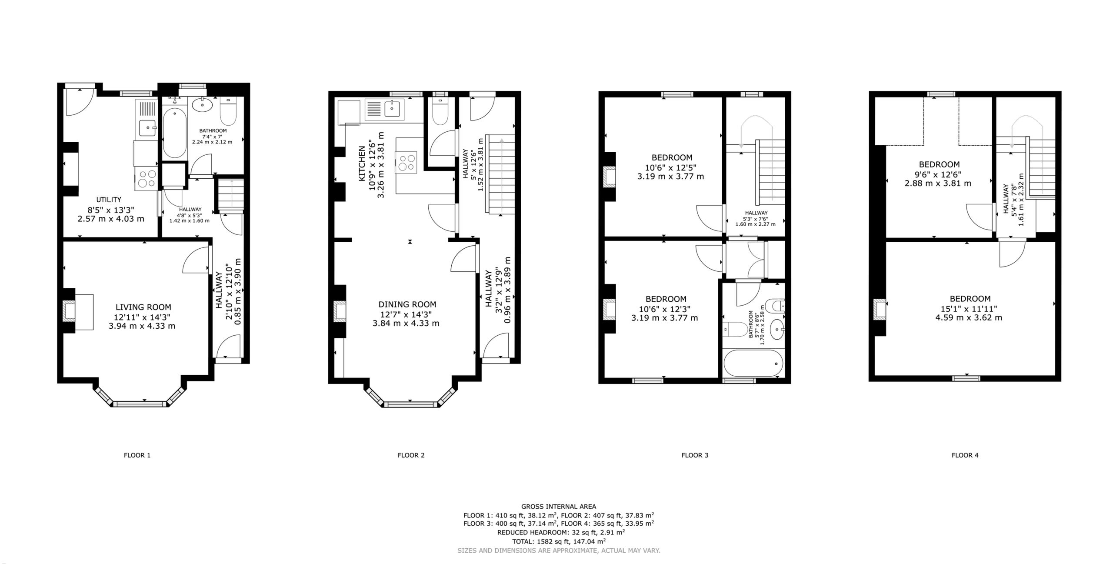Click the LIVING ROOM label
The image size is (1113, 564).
coord(143,307)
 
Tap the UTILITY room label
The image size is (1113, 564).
coord(109,200)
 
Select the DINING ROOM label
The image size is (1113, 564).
coord(407,304)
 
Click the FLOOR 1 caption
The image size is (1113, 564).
coord(137,455)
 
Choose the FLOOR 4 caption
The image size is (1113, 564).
coord(965,455)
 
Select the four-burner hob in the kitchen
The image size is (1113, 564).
coord(406,162)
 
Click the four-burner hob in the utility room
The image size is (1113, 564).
coord(147,179)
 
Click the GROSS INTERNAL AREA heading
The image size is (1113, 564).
coord(559,506)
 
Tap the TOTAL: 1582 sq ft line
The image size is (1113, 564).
coord(559,541)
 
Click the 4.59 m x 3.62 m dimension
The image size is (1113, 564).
coord(969,317)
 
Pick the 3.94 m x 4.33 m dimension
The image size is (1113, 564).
coord(142,326)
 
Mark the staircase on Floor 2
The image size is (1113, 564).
coord(501,174)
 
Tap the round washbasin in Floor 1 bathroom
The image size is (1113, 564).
coord(202,105)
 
